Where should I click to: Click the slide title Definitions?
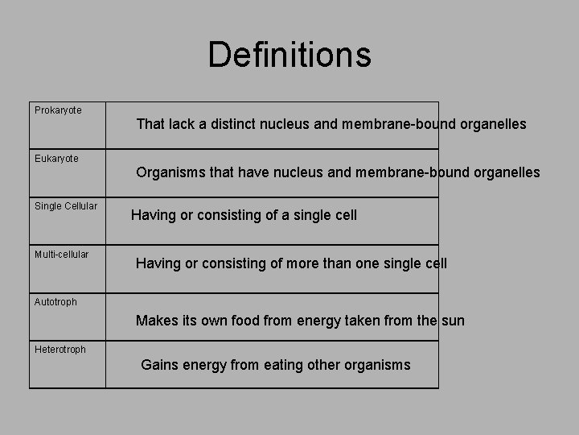tap(289, 55)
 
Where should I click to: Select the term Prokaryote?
tap(58, 110)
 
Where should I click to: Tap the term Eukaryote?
tap(56, 159)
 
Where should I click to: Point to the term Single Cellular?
tap(66, 206)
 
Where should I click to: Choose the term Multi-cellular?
tap(62, 255)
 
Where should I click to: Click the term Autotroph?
tap(55, 302)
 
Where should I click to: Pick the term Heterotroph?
tap(60, 350)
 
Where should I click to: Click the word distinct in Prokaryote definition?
tap(232, 124)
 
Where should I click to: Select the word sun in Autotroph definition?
tap(453, 321)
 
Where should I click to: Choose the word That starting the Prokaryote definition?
tap(150, 124)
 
